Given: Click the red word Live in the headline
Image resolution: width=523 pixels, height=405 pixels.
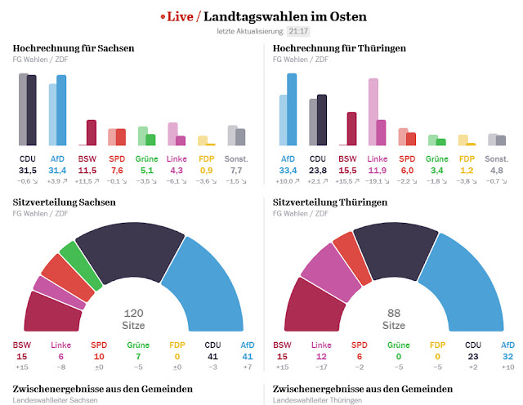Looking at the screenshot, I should (182, 16).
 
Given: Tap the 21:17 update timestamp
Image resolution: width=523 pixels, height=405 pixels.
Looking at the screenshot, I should (297, 31).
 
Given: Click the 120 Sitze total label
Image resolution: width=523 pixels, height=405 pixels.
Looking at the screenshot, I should (133, 318).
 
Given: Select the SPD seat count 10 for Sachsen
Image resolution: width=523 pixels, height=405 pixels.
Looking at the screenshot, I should (100, 357).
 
